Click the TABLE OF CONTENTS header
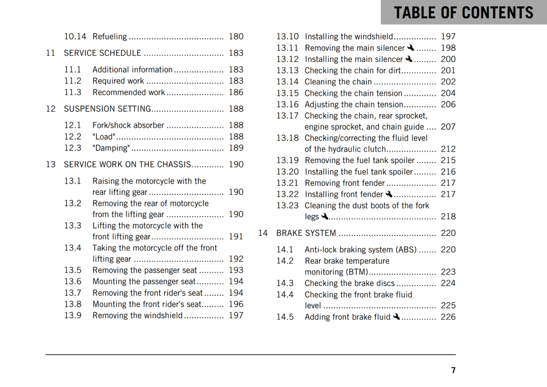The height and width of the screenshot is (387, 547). click(463, 13)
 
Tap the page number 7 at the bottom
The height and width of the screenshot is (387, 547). click(453, 370)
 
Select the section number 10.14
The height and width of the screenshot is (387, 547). click(75, 36)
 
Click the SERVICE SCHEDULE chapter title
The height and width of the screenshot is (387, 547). click(103, 53)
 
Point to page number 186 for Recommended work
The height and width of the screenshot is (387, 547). click(236, 92)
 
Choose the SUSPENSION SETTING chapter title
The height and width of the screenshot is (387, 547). click(107, 108)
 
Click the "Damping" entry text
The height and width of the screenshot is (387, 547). click(111, 148)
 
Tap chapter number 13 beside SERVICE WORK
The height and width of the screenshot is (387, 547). click(51, 164)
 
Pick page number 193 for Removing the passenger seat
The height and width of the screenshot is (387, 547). click(236, 270)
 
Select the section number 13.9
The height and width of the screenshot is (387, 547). click(72, 315)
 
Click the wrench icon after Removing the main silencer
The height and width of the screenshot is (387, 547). click(411, 48)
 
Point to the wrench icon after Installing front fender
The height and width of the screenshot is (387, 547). click(389, 194)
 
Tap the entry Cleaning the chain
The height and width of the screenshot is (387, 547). click(338, 82)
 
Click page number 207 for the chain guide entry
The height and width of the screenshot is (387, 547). click(448, 127)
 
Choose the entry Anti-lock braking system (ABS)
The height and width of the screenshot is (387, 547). click(361, 250)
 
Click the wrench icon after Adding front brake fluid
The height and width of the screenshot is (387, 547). click(397, 317)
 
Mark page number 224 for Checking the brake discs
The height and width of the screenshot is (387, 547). click(448, 283)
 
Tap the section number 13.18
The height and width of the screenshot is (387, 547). click(287, 138)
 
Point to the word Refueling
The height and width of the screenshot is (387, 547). click(110, 36)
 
